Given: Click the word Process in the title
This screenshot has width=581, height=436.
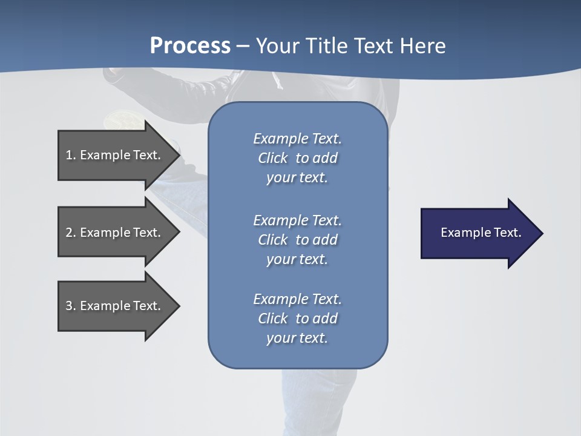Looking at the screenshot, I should pos(190,46).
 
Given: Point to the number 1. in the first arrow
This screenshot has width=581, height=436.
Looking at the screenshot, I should pos(71,155).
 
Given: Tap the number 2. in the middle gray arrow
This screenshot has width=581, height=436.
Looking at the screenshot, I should pos(71,233).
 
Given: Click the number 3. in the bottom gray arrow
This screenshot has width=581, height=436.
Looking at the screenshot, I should pos(71,306).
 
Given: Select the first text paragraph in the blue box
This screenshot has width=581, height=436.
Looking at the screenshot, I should pos(297,158).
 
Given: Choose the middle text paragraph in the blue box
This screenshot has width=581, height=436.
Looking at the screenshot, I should pos(297,240).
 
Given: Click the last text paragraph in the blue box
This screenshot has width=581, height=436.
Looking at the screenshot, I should pos(297,319).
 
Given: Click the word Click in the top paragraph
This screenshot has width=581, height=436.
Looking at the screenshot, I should pos(273,158).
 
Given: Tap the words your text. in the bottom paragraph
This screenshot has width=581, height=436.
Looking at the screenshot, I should pos(297,338).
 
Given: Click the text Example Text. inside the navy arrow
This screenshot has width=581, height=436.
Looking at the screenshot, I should pos(481,233).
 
